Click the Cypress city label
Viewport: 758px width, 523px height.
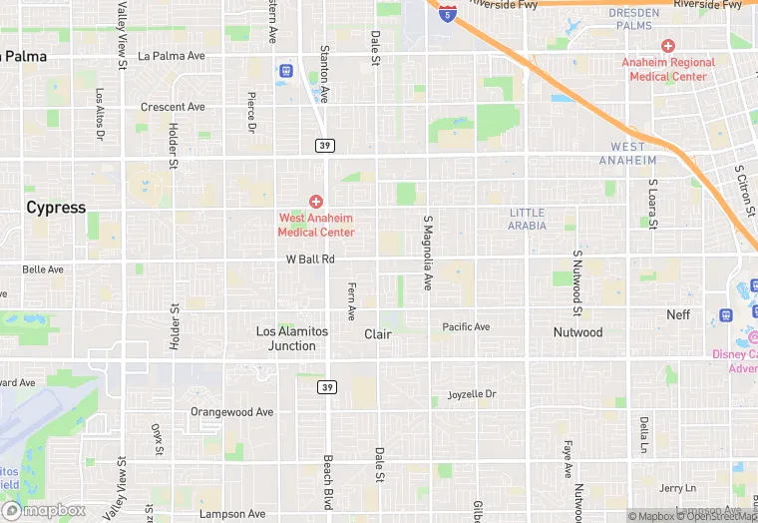click(56, 208)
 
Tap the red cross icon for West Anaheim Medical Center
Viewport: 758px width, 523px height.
click(316, 202)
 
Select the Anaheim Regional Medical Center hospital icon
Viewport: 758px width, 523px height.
click(668, 46)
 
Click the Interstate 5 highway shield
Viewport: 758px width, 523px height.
click(447, 13)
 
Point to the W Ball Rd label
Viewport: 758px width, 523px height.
click(310, 260)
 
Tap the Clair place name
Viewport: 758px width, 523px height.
click(378, 334)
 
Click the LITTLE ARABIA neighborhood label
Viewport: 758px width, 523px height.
click(528, 219)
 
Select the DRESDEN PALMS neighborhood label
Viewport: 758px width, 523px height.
click(634, 19)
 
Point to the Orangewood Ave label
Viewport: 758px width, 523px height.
click(232, 411)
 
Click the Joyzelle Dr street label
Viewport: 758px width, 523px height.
click(472, 394)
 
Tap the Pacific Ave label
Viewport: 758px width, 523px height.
click(467, 326)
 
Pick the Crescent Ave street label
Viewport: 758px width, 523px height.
click(173, 107)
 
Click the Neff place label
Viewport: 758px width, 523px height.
click(678, 314)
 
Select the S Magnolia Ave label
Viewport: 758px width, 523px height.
click(428, 253)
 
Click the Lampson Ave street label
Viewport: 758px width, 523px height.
click(232, 514)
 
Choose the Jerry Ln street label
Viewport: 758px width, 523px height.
click(677, 488)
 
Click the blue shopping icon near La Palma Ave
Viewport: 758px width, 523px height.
click(286, 71)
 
